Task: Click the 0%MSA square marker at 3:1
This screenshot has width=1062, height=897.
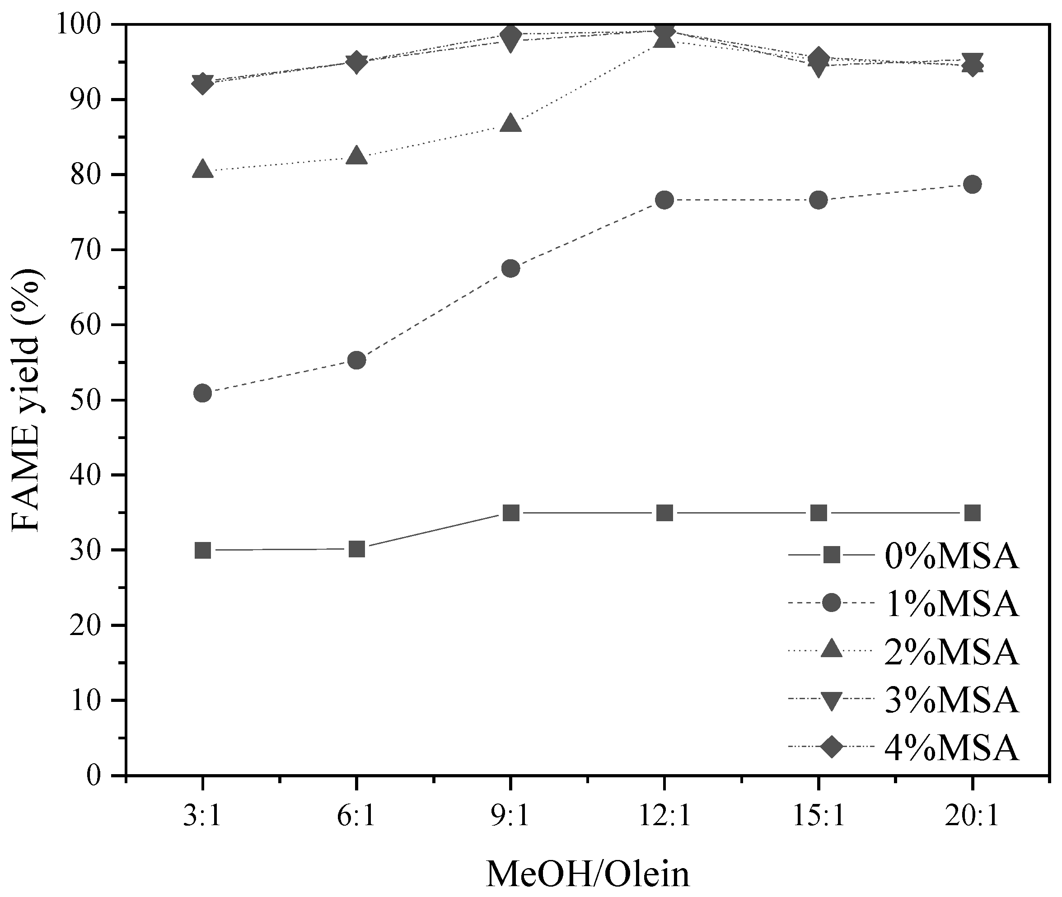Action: pyautogui.click(x=203, y=550)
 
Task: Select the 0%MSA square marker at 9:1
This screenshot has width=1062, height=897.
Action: pyautogui.click(x=510, y=513)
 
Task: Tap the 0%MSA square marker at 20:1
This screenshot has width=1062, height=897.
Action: pyautogui.click(x=973, y=513)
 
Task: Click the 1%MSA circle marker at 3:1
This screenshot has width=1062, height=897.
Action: pyautogui.click(x=203, y=393)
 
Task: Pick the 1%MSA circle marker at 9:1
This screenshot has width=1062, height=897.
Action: pyautogui.click(x=510, y=268)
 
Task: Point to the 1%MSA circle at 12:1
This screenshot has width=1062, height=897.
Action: pyautogui.click(x=665, y=200)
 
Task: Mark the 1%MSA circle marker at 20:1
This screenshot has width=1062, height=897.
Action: pyautogui.click(x=973, y=185)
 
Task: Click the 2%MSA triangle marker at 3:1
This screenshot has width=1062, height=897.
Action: pyautogui.click(x=203, y=169)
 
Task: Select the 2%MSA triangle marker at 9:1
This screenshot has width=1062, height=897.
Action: pyautogui.click(x=510, y=124)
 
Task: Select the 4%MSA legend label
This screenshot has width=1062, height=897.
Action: pyautogui.click(x=952, y=747)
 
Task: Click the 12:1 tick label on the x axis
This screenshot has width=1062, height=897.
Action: pyautogui.click(x=665, y=817)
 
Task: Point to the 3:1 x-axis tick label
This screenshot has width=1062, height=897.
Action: pyautogui.click(x=203, y=817)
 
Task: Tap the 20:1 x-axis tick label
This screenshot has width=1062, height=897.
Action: pyautogui.click(x=973, y=817)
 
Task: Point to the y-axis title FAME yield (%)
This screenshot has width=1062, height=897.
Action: pyautogui.click(x=27, y=400)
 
